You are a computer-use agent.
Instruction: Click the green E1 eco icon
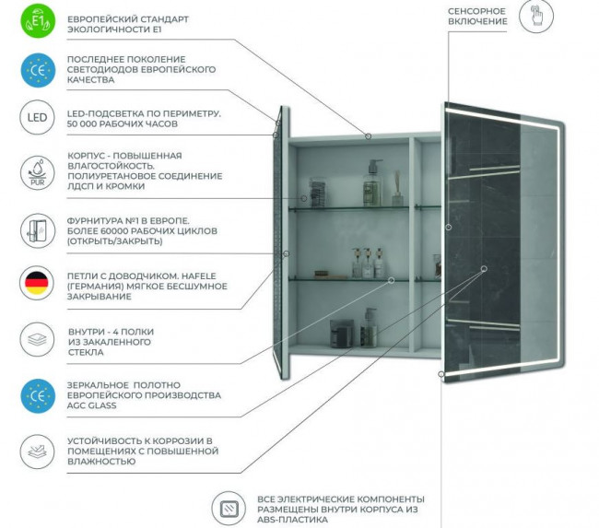point(34,20)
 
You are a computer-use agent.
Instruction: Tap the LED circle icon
point(34,118)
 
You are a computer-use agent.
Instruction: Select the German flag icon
point(34,283)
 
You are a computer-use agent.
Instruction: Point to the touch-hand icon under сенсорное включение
point(536,16)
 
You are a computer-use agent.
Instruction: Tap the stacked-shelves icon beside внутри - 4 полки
point(34,337)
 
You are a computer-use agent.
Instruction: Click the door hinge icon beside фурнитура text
point(34,229)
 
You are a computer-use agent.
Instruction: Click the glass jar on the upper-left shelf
point(316,192)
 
